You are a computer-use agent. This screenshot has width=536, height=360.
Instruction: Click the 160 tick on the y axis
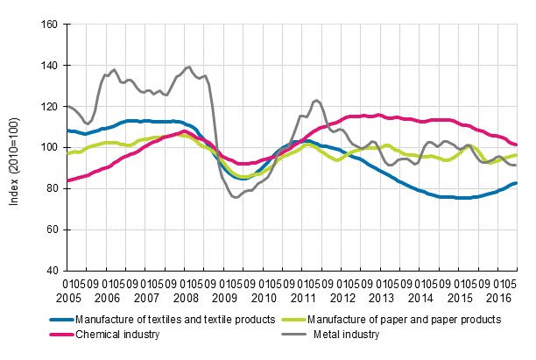[48, 25]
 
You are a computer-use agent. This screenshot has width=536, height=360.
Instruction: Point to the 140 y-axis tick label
[48, 66]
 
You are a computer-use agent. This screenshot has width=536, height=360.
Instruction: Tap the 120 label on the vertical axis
[48, 106]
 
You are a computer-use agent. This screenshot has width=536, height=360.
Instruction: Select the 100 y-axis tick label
[48, 147]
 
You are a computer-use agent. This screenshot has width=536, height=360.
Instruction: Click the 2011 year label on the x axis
[309, 295]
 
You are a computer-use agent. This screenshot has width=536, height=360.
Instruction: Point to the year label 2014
[426, 295]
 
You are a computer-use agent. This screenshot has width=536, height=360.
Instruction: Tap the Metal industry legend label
[347, 334]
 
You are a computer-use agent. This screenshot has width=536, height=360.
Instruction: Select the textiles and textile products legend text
[175, 319]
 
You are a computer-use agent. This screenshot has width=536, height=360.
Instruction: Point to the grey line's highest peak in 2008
[189, 67]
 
